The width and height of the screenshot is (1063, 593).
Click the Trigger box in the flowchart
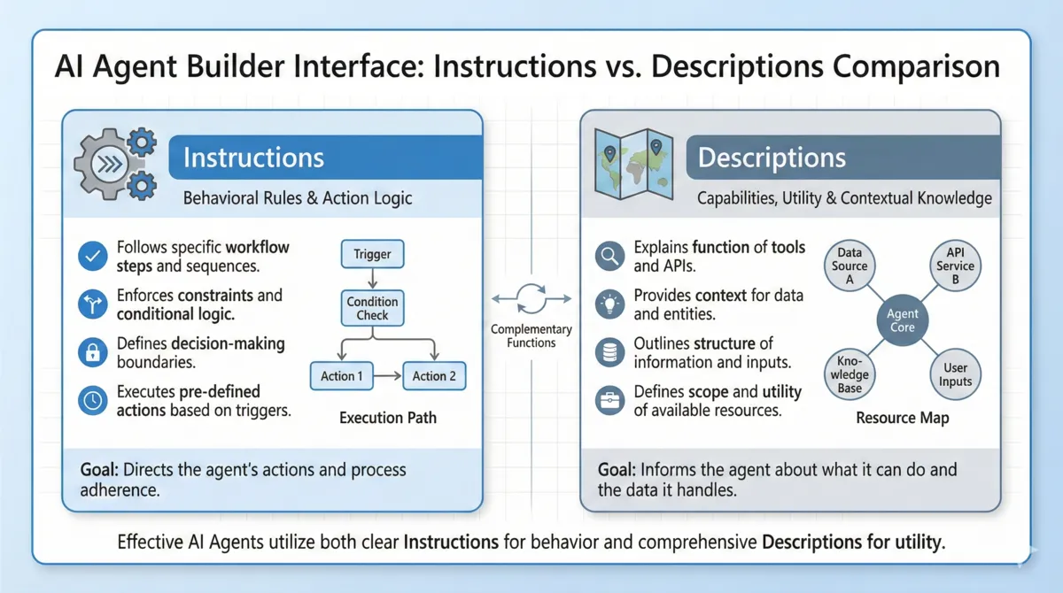pos(372,254)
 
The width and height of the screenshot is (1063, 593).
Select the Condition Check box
pos(372,309)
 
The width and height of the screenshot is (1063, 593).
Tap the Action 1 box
pos(342,376)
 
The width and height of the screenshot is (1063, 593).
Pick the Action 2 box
pos(434,376)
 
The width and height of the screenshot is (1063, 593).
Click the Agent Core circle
pos(903,320)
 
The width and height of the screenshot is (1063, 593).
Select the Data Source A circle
pos(850,266)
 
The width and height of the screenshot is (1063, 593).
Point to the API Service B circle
pos(955,266)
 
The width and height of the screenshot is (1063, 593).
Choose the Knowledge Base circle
pos(850,374)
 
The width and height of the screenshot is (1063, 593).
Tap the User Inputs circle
pos(955,374)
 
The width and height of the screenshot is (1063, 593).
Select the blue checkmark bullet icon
pos(92,257)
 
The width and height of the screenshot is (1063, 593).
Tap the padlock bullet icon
pos(92,352)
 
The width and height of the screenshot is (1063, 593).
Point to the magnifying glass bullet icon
pos(609,257)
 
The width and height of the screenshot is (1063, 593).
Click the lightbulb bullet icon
pos(609,304)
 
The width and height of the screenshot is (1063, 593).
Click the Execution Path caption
pos(388,418)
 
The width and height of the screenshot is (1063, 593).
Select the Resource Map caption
pos(902,418)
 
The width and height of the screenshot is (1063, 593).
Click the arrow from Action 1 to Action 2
pos(387,376)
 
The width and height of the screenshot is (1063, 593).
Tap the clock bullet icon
pos(92,400)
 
